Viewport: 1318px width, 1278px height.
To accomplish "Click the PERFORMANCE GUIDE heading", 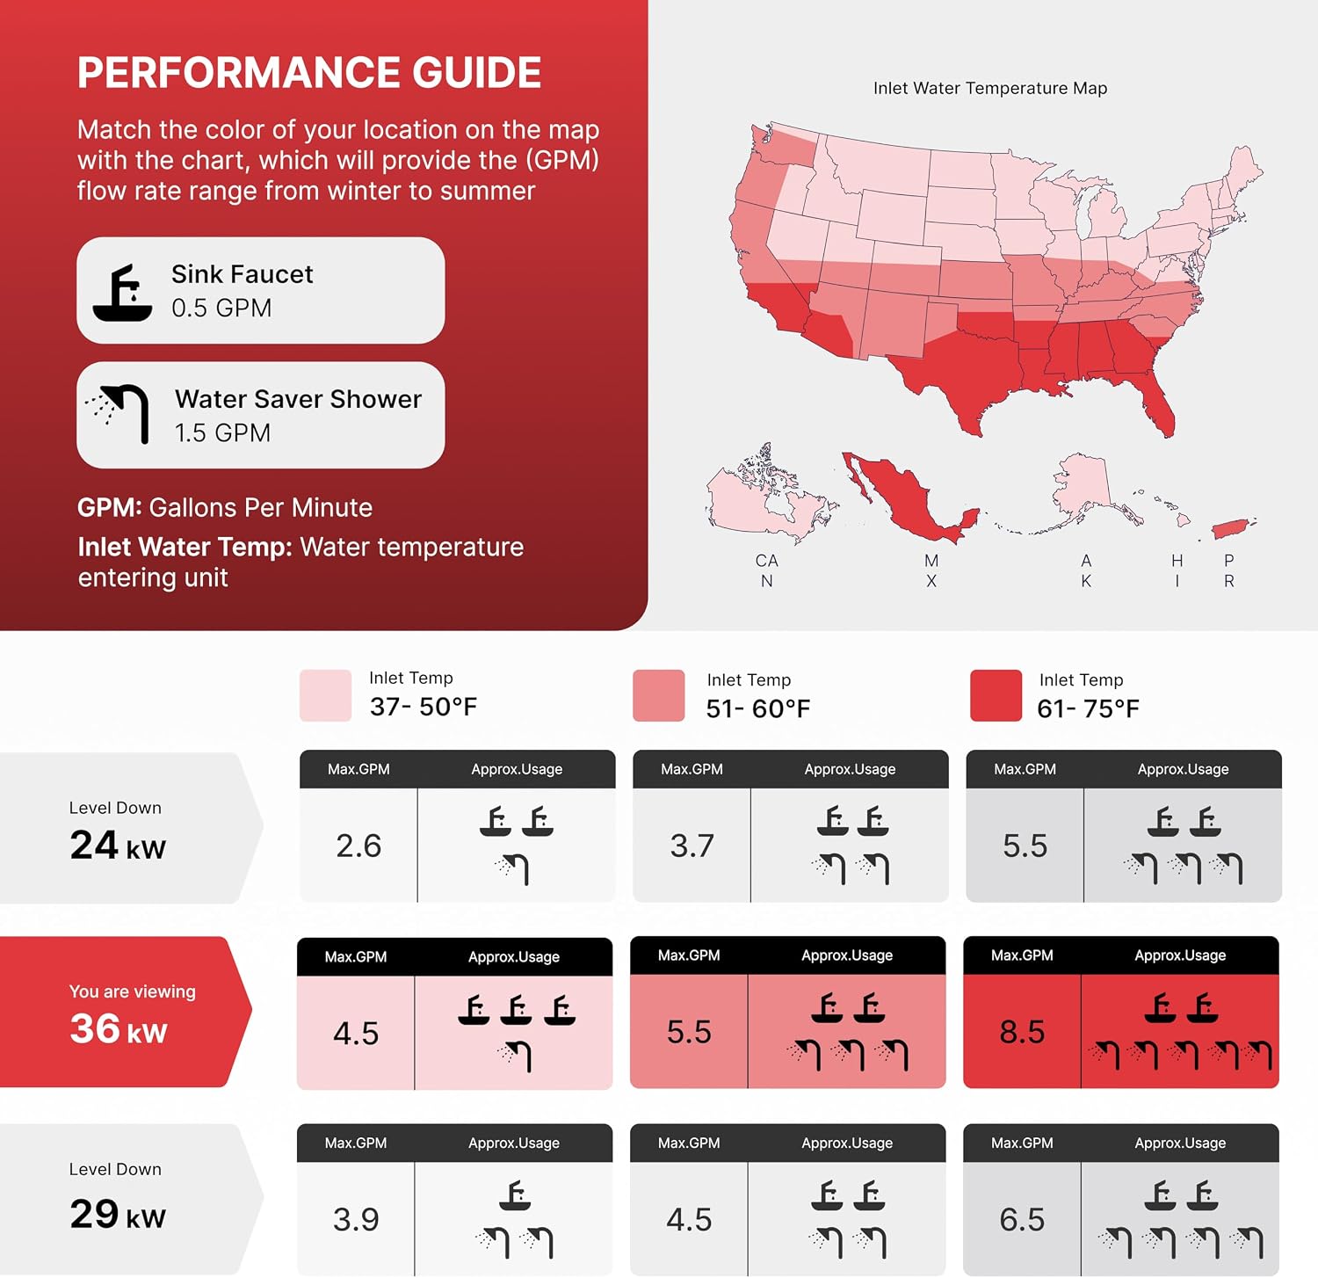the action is click(x=309, y=73).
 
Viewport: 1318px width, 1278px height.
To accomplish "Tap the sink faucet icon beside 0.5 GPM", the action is click(x=122, y=293).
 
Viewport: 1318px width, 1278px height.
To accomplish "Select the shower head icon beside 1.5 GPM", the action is click(x=118, y=414).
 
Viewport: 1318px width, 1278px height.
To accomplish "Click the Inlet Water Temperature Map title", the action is click(x=990, y=88).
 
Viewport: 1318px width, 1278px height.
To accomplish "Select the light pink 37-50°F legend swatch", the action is click(x=325, y=695).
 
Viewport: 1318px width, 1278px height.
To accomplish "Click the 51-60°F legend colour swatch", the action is click(x=658, y=695).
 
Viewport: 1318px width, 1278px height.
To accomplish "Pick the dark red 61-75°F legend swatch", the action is click(x=996, y=695).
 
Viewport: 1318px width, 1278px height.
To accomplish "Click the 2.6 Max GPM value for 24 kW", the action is click(x=358, y=846).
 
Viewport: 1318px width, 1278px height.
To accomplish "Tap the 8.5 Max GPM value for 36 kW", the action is click(x=1022, y=1032).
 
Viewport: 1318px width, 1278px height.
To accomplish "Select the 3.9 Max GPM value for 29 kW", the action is click(x=356, y=1219).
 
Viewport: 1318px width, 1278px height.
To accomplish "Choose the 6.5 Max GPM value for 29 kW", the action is click(x=1022, y=1219).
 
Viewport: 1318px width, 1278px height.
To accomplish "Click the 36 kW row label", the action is click(x=119, y=1028).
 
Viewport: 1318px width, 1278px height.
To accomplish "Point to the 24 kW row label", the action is click(x=118, y=846).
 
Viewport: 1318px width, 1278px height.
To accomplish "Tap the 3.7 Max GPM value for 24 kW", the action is click(x=692, y=846).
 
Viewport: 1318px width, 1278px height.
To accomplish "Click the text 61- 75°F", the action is click(x=1089, y=708).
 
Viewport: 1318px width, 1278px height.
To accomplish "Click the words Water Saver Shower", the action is click(x=299, y=399).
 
